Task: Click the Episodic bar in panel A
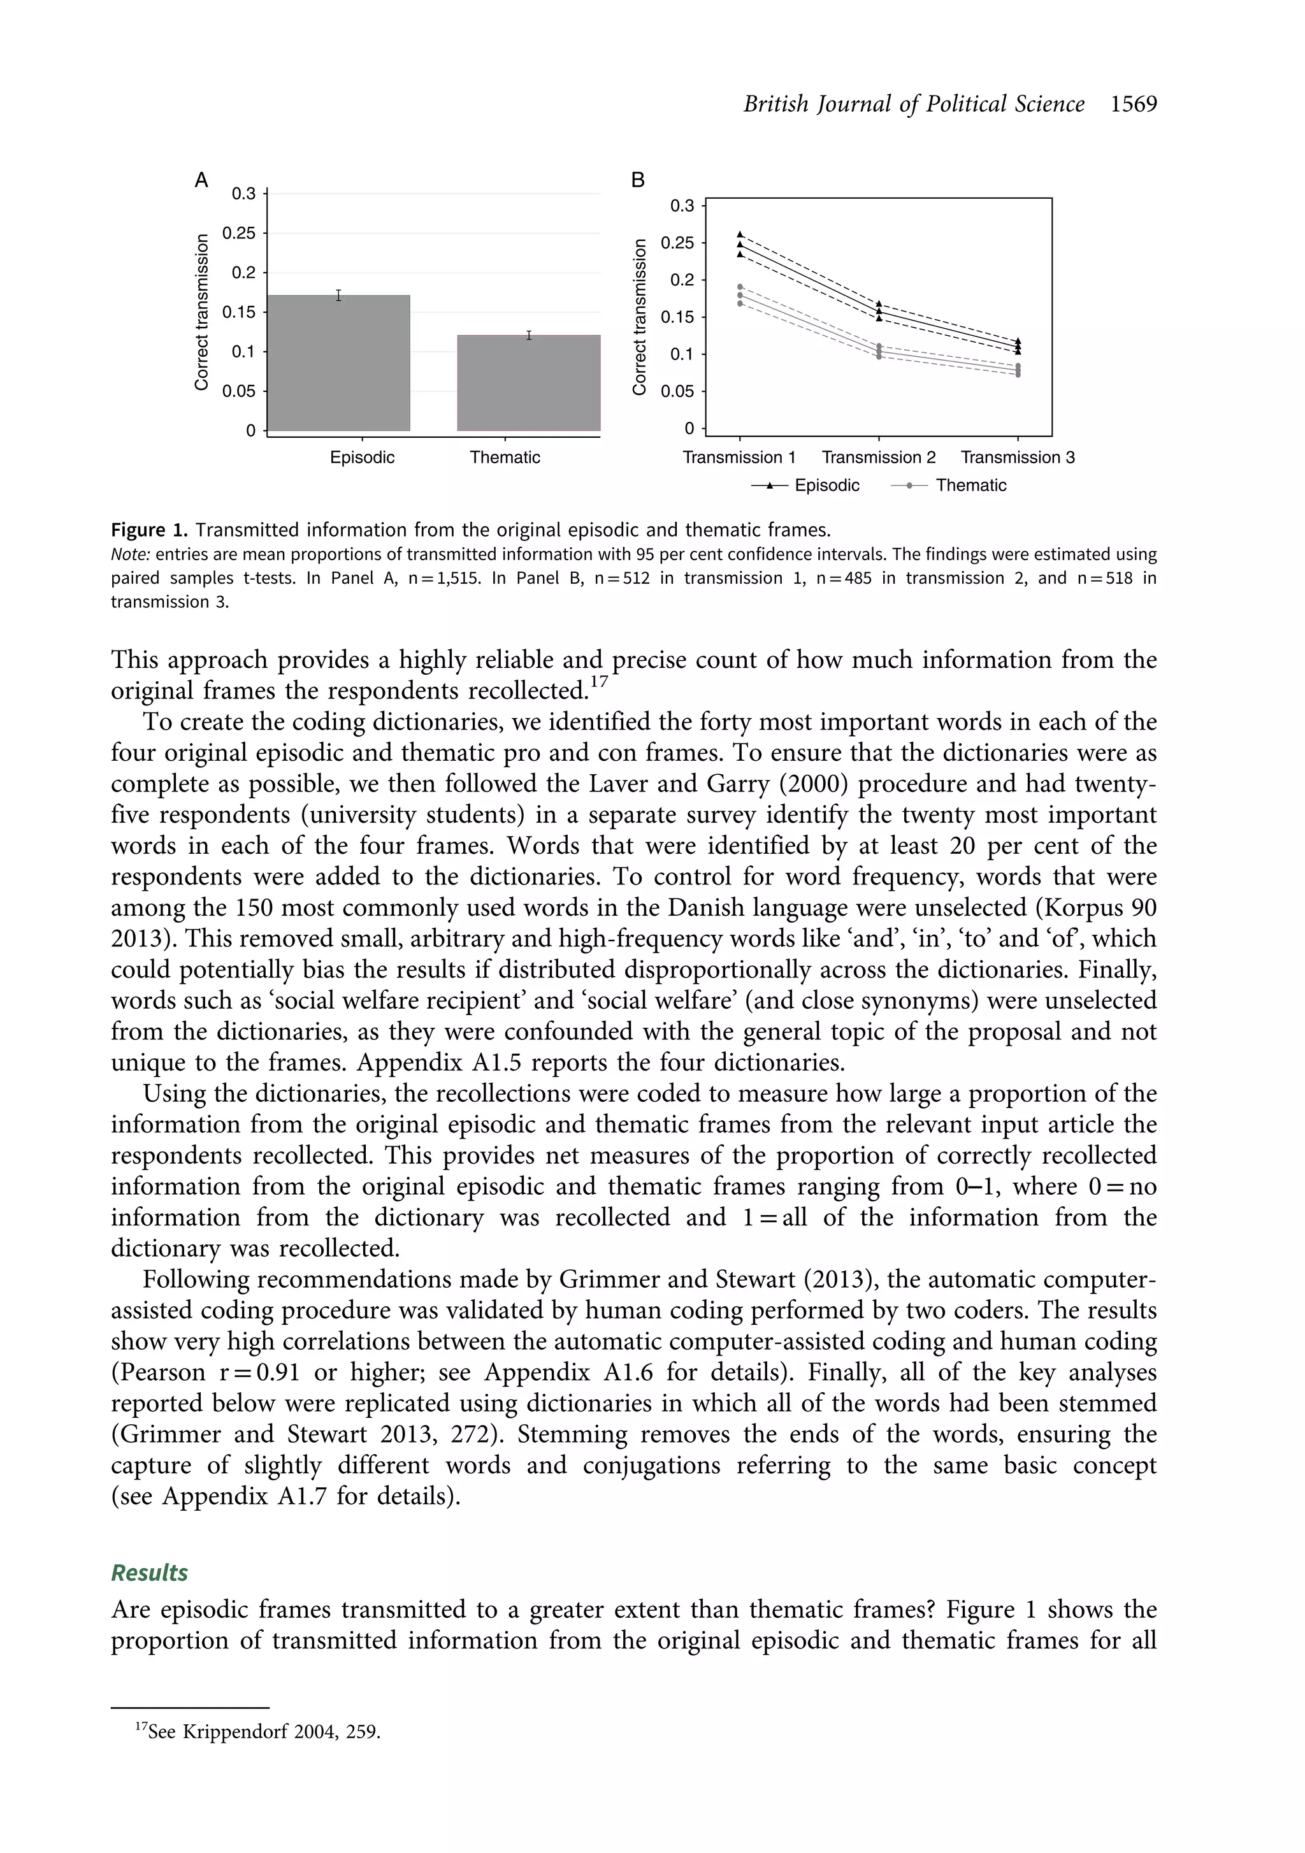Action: (338, 363)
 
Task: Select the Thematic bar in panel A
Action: (529, 384)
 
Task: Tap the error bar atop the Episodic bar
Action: (339, 296)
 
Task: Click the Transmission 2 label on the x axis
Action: (878, 458)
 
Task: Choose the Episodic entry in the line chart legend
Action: (826, 486)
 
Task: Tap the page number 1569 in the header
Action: (1133, 104)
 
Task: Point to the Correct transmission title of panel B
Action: (640, 317)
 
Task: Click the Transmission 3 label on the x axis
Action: (1017, 458)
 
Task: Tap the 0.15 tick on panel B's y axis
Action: (677, 317)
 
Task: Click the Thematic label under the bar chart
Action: (505, 458)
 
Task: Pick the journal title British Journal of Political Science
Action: (914, 104)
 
